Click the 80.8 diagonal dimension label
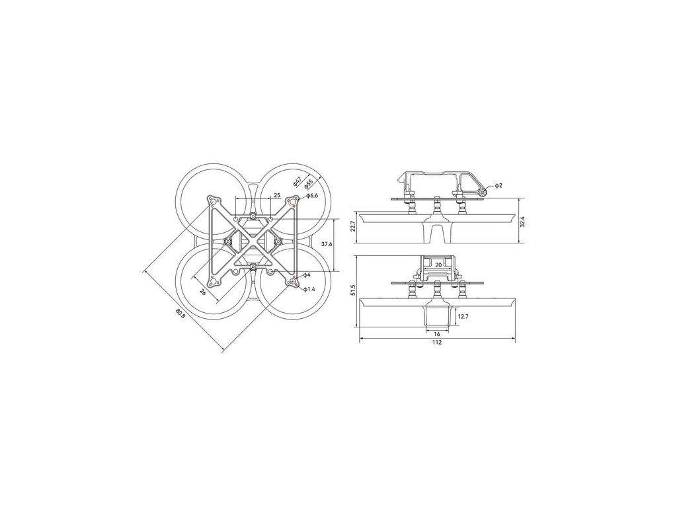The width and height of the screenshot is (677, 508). point(180,313)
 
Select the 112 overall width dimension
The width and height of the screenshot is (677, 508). point(437,343)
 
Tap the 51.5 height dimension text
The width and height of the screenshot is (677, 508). point(353,290)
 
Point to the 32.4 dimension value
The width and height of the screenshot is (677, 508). point(522,221)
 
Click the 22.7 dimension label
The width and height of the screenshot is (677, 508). point(353,227)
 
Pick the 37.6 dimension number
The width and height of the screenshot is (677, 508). point(327,244)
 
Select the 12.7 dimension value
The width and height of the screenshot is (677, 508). point(463,317)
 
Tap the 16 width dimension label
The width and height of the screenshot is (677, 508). point(437,334)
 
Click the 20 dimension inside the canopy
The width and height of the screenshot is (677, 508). point(438,265)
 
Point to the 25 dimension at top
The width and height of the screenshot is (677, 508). point(277,195)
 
